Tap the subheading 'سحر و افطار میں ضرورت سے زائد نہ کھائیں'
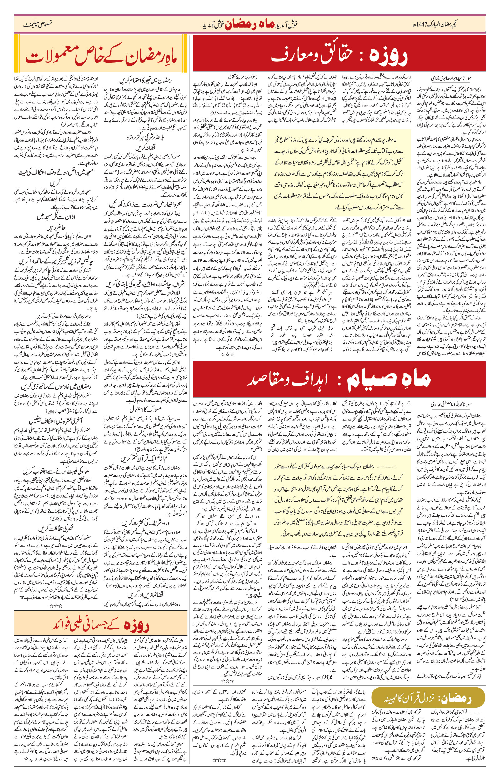(145, 205)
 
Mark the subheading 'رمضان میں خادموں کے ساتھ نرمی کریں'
(56, 386)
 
